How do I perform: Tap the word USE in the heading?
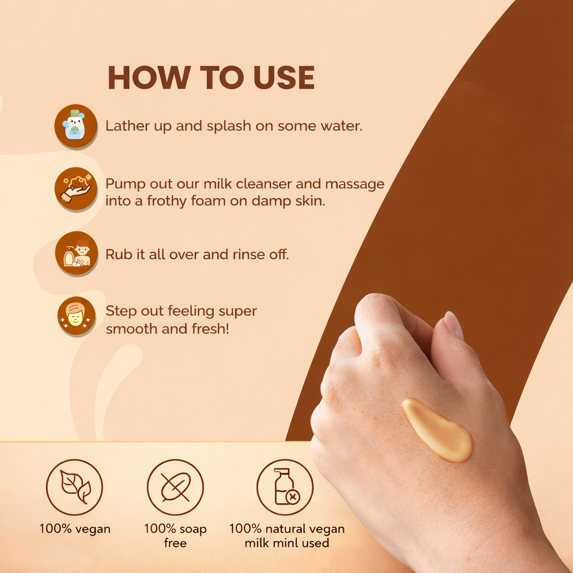tap(284, 77)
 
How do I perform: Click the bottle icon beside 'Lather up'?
tap(76, 126)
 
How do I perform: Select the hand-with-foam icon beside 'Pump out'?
tap(76, 189)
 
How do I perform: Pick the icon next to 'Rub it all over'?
tap(76, 253)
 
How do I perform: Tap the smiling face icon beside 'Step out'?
tap(76, 316)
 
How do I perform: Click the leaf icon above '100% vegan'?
tap(74, 487)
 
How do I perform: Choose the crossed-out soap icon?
tap(175, 487)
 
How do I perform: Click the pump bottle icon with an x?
tap(285, 487)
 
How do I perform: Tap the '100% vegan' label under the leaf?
tap(75, 529)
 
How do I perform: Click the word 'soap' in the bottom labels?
tap(193, 529)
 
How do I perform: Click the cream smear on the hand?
tap(438, 430)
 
